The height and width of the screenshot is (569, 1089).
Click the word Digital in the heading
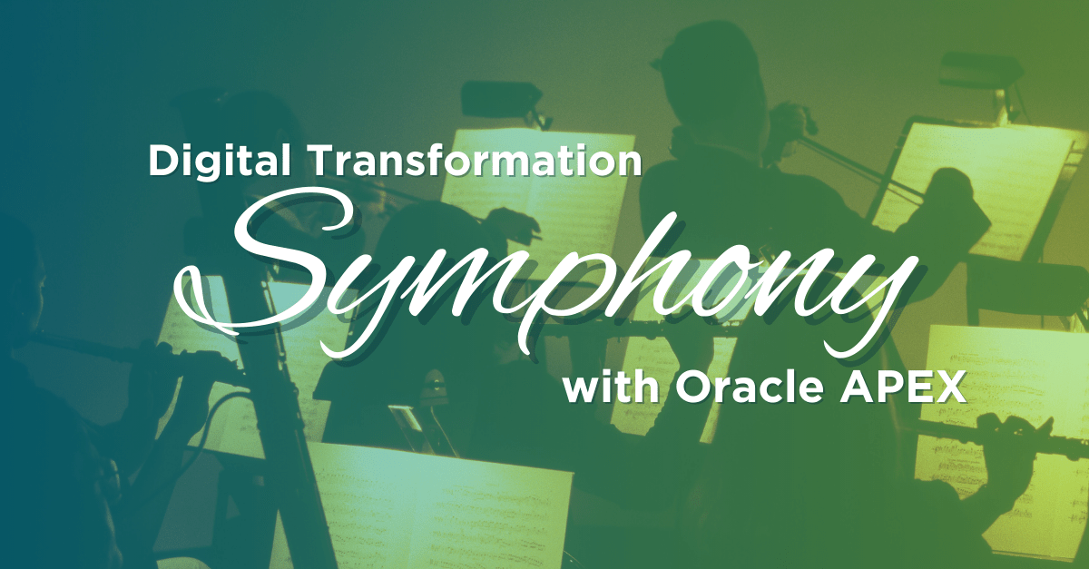click(220, 161)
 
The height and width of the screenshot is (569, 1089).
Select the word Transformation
click(476, 161)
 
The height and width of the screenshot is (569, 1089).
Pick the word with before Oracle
click(612, 388)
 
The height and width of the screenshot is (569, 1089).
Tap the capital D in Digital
click(163, 161)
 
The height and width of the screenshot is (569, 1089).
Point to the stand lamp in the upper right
click(977, 73)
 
